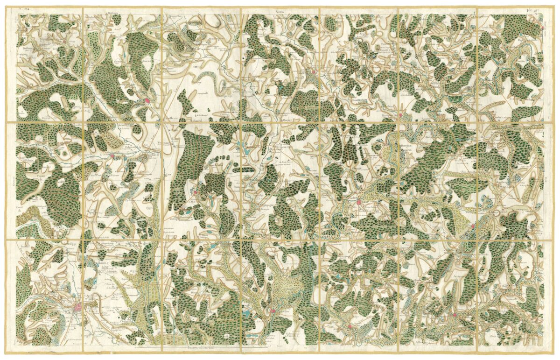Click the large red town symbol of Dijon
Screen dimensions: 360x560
[x=78, y=306]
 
